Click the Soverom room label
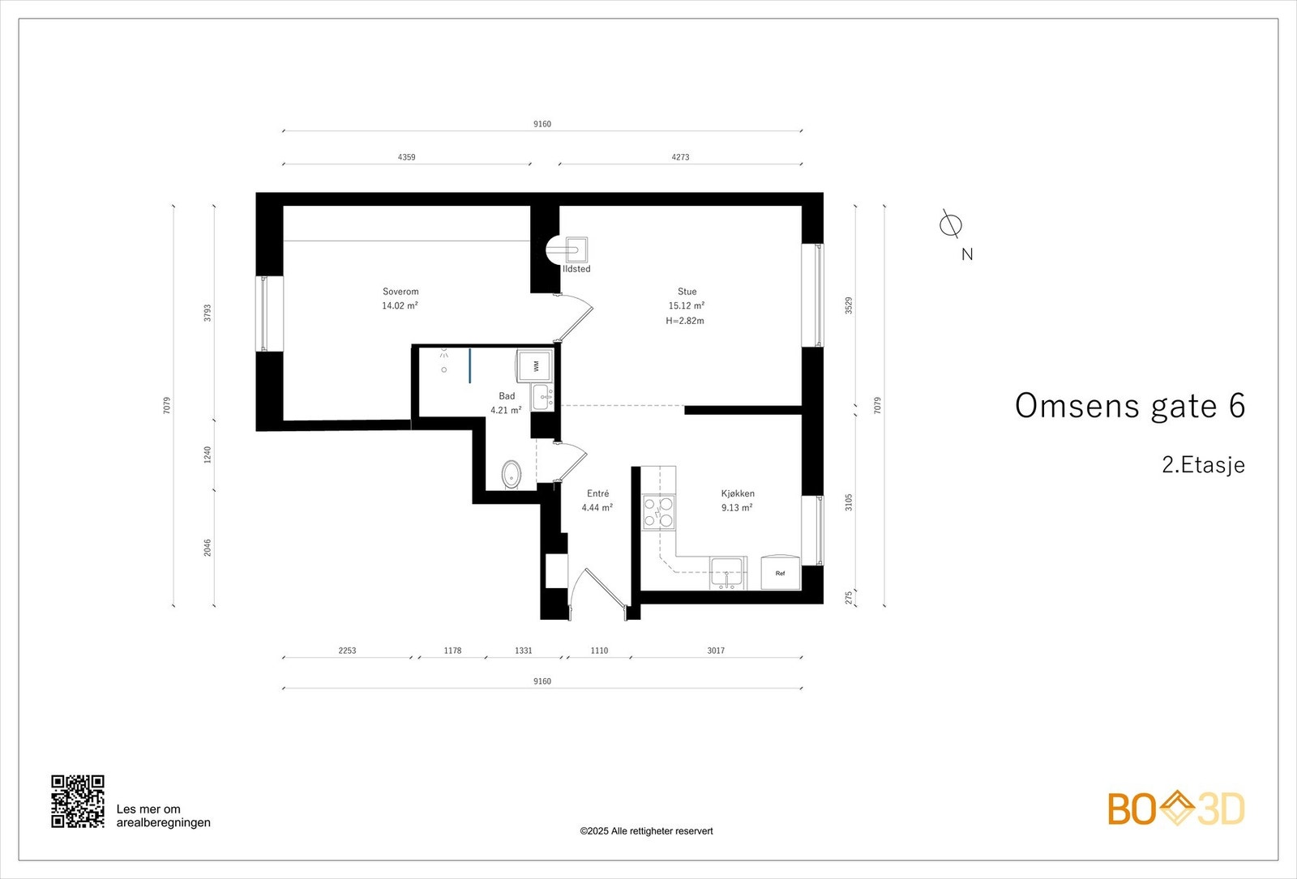coord(400,292)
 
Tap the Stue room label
coord(687,292)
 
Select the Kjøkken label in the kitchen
coord(738,493)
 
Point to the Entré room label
coord(597,493)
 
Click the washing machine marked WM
coord(534,365)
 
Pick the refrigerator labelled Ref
coord(781,572)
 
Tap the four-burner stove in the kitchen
coord(659,512)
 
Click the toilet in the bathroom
coord(511,475)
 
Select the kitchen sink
coord(726,574)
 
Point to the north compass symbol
coord(950,224)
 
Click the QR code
coord(78,801)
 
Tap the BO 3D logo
coord(1176,809)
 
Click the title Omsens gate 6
coord(1130,406)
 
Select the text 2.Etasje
coord(1203,465)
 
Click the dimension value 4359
coord(406,157)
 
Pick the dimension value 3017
coord(716,651)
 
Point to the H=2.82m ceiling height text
coord(685,321)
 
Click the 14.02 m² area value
coord(400,305)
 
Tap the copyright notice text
coord(646,831)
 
